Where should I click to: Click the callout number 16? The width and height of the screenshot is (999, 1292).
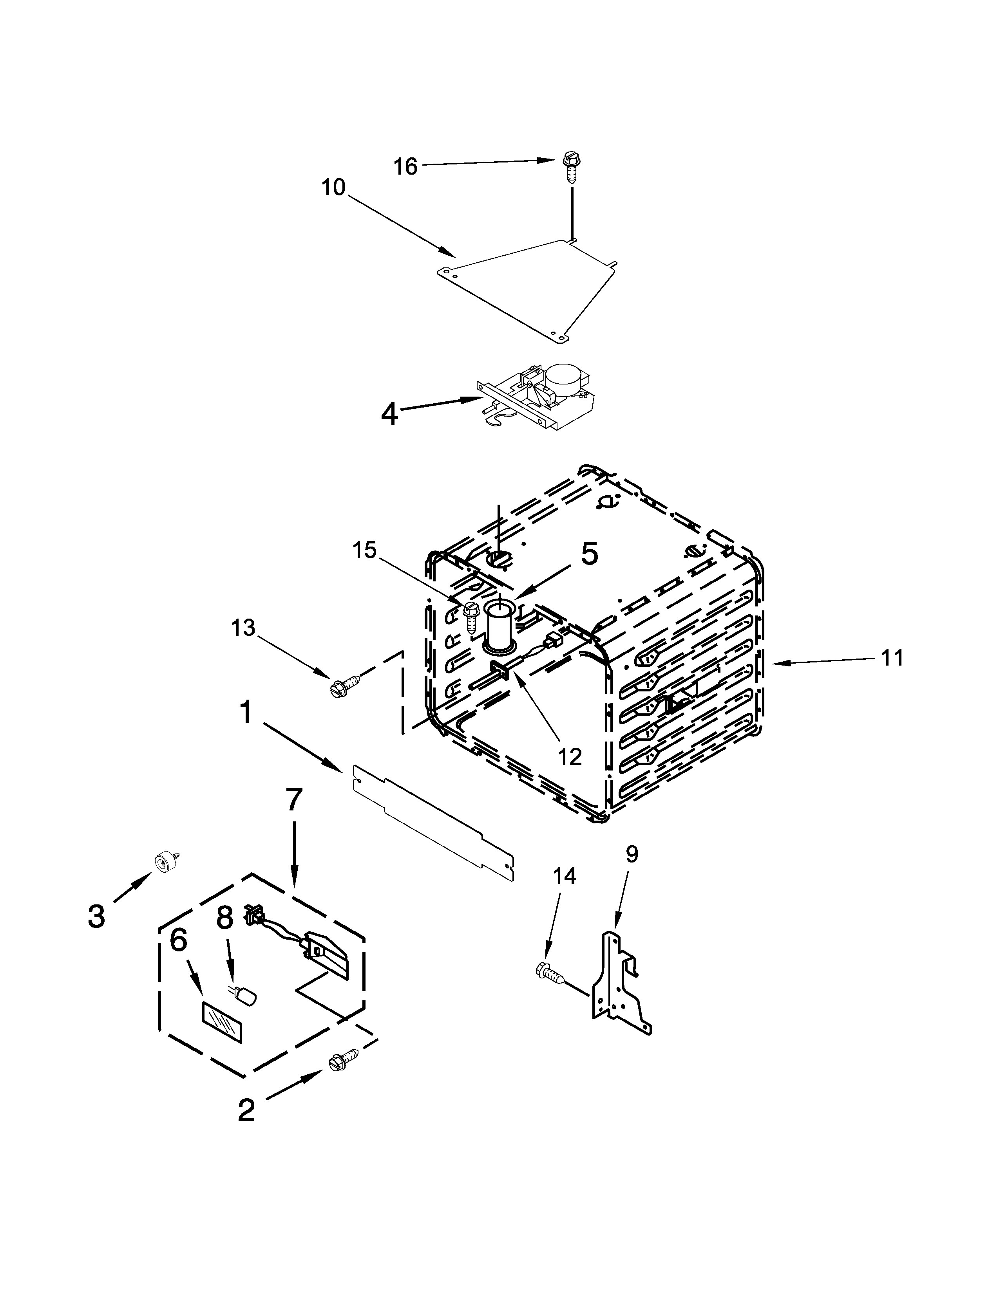(x=406, y=166)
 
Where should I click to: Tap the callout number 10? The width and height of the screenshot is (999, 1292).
(x=333, y=188)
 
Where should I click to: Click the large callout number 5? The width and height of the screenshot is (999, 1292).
(x=589, y=554)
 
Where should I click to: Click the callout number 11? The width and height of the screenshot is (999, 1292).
(x=892, y=657)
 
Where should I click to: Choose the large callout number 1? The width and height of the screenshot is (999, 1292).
(x=246, y=712)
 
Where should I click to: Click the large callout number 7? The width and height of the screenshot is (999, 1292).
(x=294, y=800)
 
